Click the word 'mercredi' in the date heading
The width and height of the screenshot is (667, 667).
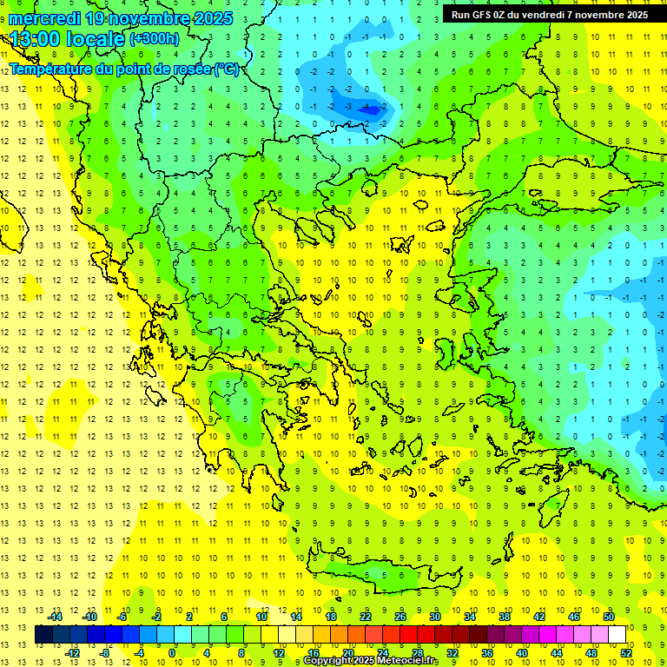point(43,18)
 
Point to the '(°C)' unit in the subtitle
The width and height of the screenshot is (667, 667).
point(228,69)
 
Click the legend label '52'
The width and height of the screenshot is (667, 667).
point(626,653)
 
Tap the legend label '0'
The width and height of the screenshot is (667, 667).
point(173,653)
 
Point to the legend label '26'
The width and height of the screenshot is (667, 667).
point(400,616)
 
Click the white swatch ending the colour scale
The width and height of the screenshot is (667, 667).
point(617,635)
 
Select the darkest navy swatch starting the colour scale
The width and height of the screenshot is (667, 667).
point(43,635)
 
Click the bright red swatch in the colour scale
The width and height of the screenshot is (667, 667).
point(408,635)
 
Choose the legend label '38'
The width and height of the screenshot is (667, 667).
point(505,616)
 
